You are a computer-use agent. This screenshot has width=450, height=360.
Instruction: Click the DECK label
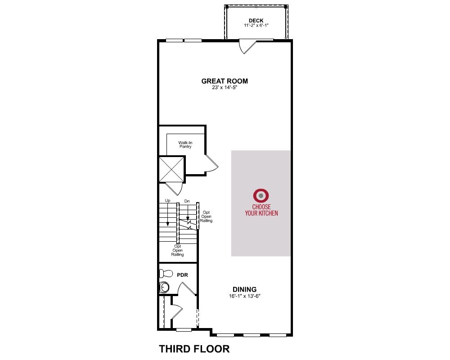256,20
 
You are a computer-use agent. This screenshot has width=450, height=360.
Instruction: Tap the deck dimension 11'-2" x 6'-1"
256,25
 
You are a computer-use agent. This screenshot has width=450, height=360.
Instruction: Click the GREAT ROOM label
225,81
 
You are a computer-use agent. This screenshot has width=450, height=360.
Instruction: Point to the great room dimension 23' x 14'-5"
225,87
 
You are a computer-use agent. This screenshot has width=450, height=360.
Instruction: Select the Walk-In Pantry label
185,144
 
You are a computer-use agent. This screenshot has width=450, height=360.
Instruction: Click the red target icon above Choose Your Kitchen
261,196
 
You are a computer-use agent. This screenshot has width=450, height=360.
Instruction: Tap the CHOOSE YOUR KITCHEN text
261,210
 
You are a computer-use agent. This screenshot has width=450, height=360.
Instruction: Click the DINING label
244,289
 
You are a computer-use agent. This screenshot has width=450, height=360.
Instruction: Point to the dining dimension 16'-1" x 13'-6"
244,296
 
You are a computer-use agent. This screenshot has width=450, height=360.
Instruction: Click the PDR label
183,275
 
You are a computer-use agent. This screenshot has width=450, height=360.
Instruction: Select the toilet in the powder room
166,273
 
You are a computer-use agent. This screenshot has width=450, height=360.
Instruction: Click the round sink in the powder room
164,287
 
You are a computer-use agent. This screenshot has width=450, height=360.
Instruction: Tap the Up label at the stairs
167,200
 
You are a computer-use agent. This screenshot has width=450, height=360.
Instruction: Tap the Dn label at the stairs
187,201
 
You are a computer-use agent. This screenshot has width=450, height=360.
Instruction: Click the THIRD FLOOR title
194,349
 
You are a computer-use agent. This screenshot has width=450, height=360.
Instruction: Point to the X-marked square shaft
171,169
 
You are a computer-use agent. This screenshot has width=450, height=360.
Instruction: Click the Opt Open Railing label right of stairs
207,216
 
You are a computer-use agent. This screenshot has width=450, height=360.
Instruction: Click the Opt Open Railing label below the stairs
178,250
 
